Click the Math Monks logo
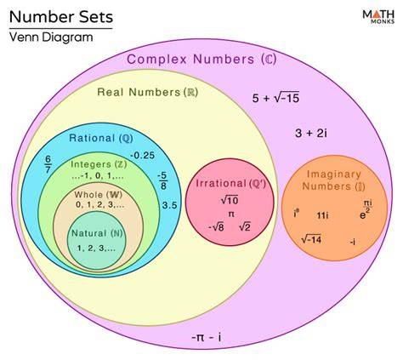click(x=378, y=17)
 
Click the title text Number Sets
click(x=61, y=17)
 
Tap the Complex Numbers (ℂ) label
click(x=201, y=60)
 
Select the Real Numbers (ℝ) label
click(x=147, y=92)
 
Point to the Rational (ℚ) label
click(x=101, y=138)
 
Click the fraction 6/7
click(x=48, y=164)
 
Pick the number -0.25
click(x=142, y=155)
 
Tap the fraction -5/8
click(x=162, y=180)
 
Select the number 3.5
click(x=169, y=205)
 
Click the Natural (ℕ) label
click(x=97, y=233)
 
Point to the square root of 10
click(x=230, y=200)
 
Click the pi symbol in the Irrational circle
click(x=231, y=214)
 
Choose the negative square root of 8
click(x=216, y=227)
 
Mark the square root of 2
click(x=245, y=227)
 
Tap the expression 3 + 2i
click(x=311, y=133)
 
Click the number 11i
click(x=322, y=215)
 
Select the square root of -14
click(x=311, y=240)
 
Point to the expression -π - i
click(x=207, y=338)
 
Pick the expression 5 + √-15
click(x=275, y=98)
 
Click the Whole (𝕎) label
click(x=99, y=195)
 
